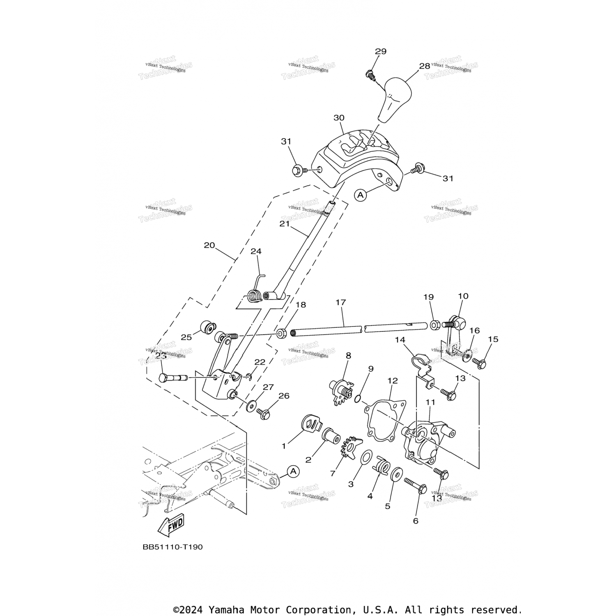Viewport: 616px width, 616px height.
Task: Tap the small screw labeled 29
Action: (369, 75)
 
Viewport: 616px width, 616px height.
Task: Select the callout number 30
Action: (339, 118)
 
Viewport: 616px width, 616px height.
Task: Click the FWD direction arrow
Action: (171, 525)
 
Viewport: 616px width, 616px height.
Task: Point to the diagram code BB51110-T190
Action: (172, 547)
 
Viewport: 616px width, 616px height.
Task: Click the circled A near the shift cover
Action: (361, 195)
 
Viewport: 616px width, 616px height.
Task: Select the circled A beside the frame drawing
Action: (293, 471)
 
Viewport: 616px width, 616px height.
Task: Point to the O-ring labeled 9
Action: (358, 398)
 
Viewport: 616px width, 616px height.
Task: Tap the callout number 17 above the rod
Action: (340, 302)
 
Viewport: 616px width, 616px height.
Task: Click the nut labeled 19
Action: (434, 325)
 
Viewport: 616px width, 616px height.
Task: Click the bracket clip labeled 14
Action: (420, 361)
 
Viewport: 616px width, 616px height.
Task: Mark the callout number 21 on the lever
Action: (285, 224)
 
